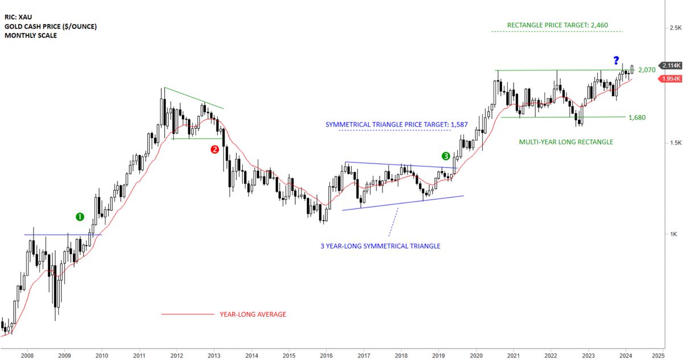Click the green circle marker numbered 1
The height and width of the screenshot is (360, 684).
tap(80, 216)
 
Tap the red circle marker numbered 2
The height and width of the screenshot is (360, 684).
tap(215, 150)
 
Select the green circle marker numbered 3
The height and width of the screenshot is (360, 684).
tap(446, 156)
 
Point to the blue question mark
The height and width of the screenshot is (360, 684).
tap(616, 60)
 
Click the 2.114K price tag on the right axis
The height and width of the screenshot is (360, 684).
tap(669, 66)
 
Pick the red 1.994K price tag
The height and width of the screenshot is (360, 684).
tap(669, 79)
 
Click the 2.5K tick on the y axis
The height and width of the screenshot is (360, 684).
tap(675, 28)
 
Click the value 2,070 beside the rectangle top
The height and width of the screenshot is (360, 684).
tap(646, 70)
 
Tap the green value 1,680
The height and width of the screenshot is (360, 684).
tap(637, 117)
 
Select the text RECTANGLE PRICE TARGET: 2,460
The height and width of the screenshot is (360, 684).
tap(556, 25)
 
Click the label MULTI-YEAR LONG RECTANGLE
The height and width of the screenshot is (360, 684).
tap(565, 142)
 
